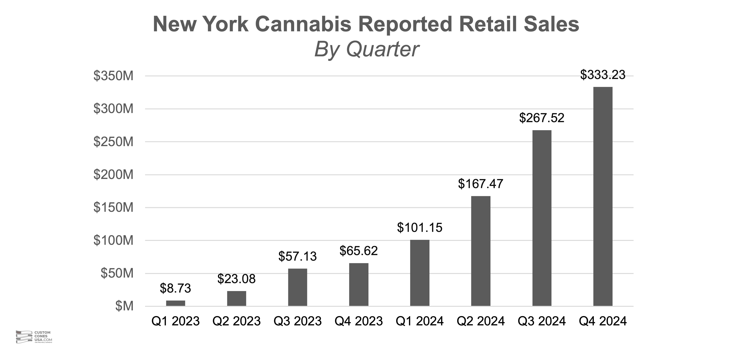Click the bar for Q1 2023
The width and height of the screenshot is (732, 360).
point(176,303)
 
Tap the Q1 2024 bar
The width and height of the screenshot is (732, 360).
point(420,273)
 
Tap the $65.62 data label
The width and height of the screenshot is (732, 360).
point(359,251)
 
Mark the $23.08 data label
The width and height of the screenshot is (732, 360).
point(236,279)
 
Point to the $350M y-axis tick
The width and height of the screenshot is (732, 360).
point(113,76)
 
